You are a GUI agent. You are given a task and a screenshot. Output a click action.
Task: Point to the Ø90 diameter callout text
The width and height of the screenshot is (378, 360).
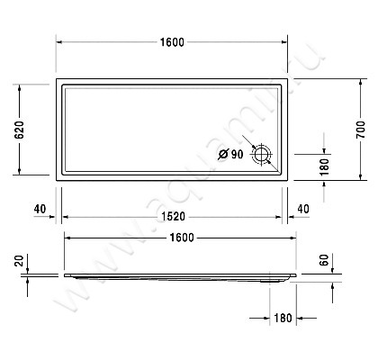[x=231, y=154]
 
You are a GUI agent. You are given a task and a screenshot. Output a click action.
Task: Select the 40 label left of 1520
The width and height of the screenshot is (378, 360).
[x=39, y=209]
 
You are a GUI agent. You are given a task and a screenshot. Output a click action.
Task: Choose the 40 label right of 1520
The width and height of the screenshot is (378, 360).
[x=302, y=209]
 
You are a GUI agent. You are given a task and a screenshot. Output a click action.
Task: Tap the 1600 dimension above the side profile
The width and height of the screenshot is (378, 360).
[x=180, y=237]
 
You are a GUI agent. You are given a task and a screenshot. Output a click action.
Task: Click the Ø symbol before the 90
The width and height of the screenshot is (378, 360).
[x=222, y=154]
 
